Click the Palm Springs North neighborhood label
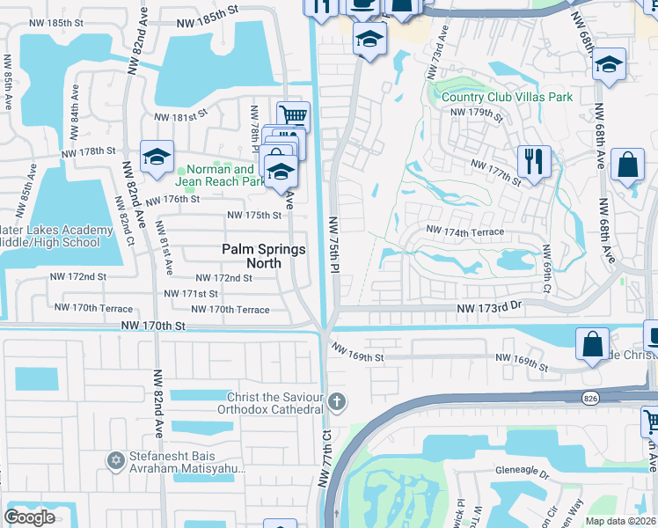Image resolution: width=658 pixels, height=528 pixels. pyautogui.click(x=263, y=256)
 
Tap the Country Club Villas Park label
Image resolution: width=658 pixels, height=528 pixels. pyautogui.click(x=507, y=97)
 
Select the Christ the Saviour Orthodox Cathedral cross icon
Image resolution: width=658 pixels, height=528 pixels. pyautogui.click(x=335, y=403)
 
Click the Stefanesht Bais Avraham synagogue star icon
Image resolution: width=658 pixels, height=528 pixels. pyautogui.click(x=114, y=460)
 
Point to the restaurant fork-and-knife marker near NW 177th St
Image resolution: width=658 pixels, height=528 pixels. pyautogui.click(x=534, y=162)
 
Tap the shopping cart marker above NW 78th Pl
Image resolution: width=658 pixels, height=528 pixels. pyautogui.click(x=293, y=115)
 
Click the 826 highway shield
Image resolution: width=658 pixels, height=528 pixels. pyautogui.click(x=591, y=398)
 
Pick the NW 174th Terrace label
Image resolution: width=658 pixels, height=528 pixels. pyautogui.click(x=465, y=231)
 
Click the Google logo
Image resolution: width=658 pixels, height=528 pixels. pyautogui.click(x=29, y=517)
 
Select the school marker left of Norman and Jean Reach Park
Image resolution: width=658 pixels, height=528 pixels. pyautogui.click(x=157, y=157)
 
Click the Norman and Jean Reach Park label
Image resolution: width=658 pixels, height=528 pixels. pyautogui.click(x=221, y=175)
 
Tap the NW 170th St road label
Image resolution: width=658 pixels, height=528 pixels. pyautogui.click(x=154, y=326)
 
